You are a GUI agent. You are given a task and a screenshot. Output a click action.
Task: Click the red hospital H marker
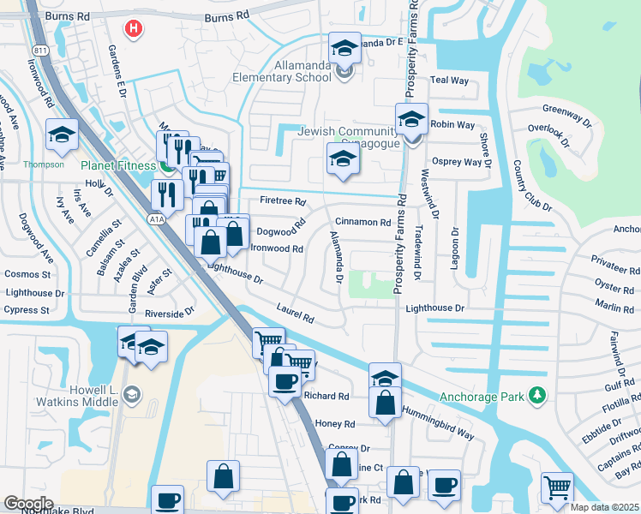pos(132,29)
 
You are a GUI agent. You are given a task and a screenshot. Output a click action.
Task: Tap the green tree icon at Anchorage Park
pos(537,395)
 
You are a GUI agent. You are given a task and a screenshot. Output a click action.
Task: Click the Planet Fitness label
pos(120,165)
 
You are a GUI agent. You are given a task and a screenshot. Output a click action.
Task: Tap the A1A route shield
pos(156,219)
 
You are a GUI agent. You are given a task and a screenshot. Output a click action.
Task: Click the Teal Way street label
pos(450,80)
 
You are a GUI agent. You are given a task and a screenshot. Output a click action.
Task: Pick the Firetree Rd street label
pos(282,201)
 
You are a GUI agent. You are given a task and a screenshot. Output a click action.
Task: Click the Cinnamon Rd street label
pos(362,222)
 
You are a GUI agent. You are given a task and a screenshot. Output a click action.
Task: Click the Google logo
pos(28,504)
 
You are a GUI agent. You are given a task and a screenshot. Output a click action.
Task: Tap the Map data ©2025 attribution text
pos(604,507)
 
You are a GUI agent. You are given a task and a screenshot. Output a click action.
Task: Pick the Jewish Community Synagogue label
pos(347,136)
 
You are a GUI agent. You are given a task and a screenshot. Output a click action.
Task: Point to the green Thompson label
pos(44,164)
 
